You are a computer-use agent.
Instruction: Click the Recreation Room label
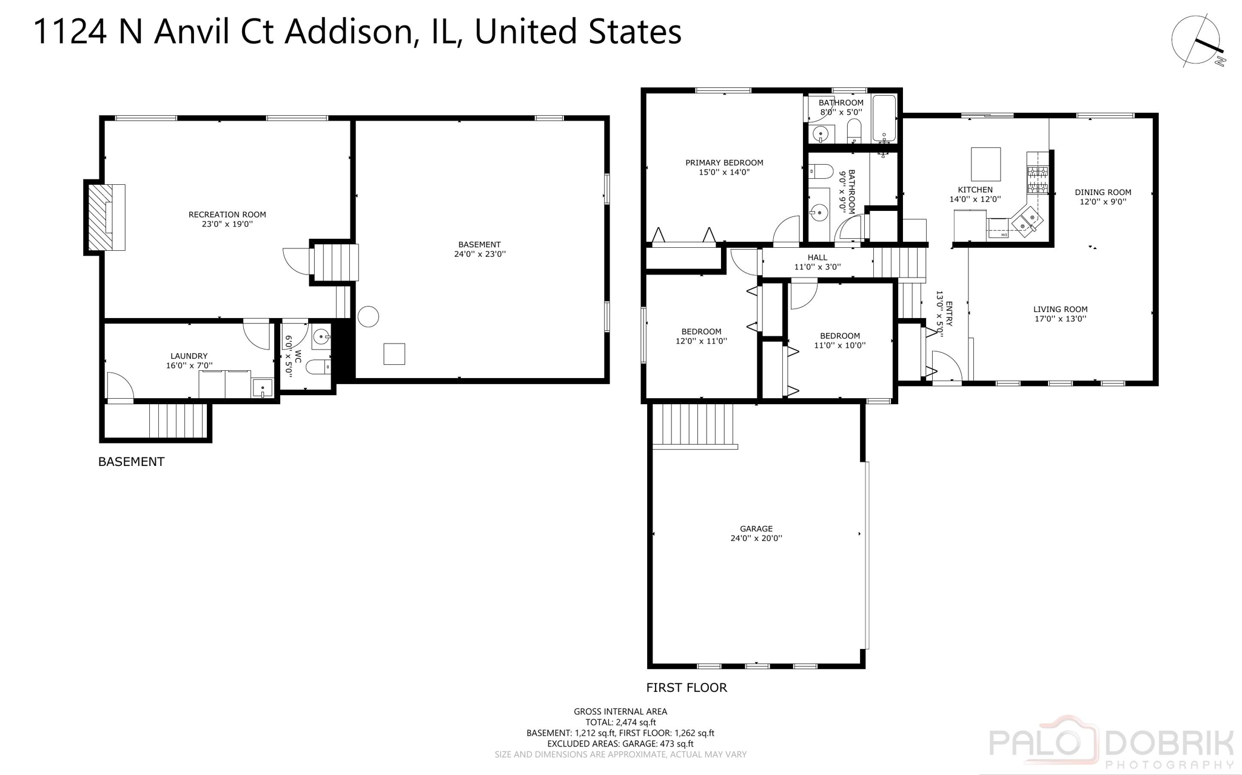click(x=227, y=219)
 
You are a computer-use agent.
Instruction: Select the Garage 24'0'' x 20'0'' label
click(x=756, y=533)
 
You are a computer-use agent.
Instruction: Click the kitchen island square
click(x=985, y=164)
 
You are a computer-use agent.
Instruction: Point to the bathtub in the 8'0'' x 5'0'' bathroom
click(x=884, y=118)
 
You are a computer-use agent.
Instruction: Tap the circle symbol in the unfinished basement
click(x=368, y=316)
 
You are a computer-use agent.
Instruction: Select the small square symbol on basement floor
click(x=394, y=354)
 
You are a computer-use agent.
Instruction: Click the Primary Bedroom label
click(x=724, y=167)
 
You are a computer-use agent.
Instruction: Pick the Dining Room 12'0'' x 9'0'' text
click(x=1103, y=197)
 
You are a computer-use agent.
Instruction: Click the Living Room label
click(x=1060, y=314)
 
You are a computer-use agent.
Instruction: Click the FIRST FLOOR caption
click(x=686, y=687)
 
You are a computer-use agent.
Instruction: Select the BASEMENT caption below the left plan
click(x=131, y=462)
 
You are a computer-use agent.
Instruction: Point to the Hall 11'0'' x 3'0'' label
click(x=817, y=262)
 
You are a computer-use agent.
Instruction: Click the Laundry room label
click(x=189, y=361)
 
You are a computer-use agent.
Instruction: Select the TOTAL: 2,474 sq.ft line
click(x=620, y=722)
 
